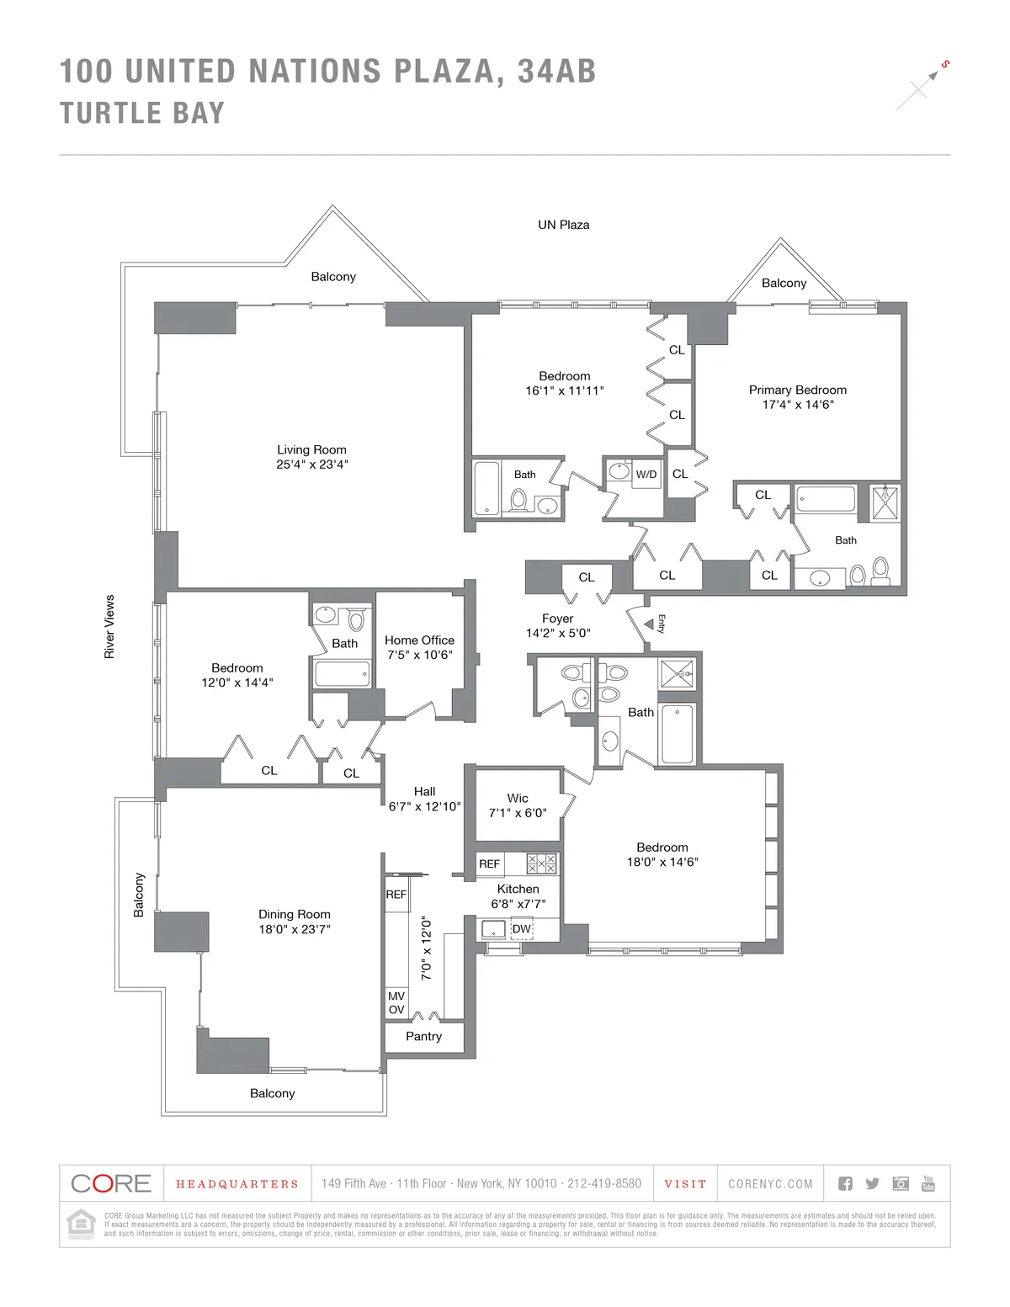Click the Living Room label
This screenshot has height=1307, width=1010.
coord(311,449)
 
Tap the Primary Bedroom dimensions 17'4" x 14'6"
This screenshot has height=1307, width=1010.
coord(797,405)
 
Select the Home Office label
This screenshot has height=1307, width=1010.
coord(419,640)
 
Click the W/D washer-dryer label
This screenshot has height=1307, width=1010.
coord(646,475)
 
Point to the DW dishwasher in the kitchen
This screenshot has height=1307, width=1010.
coord(522,929)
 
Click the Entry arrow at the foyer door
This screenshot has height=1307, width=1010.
coord(649,624)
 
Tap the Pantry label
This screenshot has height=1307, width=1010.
coord(423,1037)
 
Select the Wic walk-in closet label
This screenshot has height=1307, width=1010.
coord(518,798)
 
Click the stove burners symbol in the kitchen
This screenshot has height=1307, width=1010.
coord(541,863)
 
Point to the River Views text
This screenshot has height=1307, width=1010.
coord(109,626)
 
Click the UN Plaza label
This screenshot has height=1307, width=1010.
coord(563,225)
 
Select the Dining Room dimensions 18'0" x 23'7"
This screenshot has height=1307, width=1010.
coord(294,929)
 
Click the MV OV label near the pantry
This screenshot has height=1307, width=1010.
coord(396,1003)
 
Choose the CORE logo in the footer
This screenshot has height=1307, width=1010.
coord(111,1183)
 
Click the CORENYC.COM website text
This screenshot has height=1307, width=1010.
coord(770,1184)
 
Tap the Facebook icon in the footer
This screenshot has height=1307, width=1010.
coord(846,1183)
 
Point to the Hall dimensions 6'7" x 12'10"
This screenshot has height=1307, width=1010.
coord(424,806)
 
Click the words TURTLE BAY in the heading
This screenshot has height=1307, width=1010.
coord(142,113)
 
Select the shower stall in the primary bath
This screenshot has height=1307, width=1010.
coord(885,503)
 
